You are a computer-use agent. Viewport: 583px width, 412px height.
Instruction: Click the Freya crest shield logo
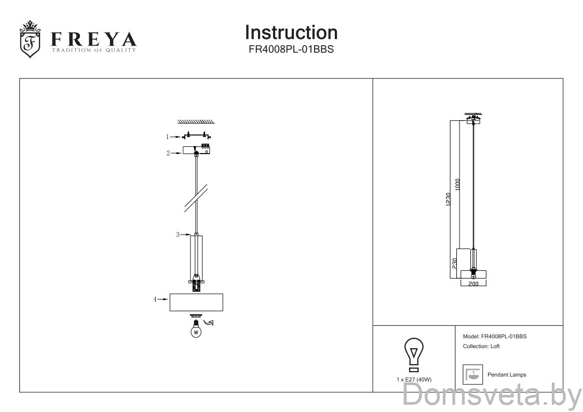click(30, 40)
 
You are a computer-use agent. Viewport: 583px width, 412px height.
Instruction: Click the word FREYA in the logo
click(93, 39)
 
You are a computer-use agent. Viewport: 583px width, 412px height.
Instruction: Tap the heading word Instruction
click(291, 32)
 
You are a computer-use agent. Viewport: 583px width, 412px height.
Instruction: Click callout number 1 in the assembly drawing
click(168, 137)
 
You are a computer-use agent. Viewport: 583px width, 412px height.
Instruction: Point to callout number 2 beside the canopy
click(168, 153)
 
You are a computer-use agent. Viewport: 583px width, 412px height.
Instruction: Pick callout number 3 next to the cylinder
click(177, 235)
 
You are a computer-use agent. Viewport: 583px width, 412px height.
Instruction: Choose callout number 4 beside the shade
click(155, 299)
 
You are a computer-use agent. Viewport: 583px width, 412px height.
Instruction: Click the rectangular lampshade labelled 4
click(197, 302)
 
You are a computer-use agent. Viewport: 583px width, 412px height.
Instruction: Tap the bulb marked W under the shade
click(196, 331)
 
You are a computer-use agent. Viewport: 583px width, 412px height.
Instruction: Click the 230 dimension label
click(454, 264)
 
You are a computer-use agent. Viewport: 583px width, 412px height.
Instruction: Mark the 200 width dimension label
click(473, 285)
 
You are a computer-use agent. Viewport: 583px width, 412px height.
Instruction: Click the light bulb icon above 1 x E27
click(413, 354)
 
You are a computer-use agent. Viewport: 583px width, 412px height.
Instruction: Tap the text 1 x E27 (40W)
click(413, 380)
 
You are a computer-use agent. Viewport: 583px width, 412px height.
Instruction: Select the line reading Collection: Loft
click(481, 346)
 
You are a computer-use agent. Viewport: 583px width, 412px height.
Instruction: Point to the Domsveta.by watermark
click(492, 397)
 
